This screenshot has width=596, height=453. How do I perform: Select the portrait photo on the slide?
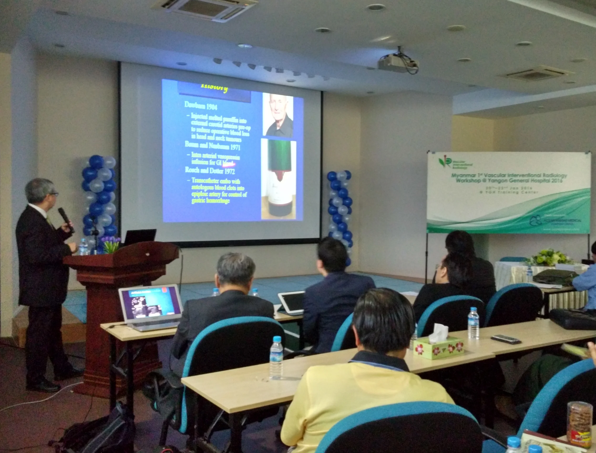coord(278,115)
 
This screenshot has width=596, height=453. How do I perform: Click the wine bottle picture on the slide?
coord(278,179)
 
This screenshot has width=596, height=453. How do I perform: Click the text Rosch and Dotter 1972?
coord(210,171)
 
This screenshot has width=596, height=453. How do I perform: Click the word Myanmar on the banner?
coord(462,176)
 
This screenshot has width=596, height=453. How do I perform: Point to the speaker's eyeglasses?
coord(54,194)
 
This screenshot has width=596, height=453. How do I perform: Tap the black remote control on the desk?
coord(506,339)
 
